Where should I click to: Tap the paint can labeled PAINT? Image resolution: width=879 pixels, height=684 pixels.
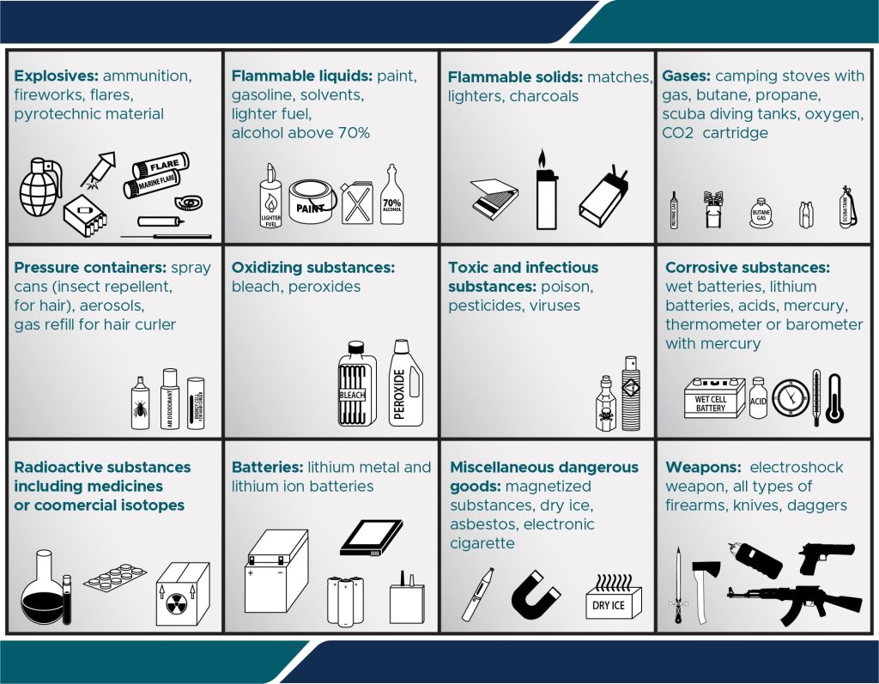tap(311, 203)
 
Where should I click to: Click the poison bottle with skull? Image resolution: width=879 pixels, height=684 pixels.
tap(607, 403)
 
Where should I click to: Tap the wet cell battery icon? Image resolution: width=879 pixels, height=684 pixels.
tap(711, 399)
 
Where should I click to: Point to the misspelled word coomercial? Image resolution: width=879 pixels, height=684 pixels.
tap(73, 505)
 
